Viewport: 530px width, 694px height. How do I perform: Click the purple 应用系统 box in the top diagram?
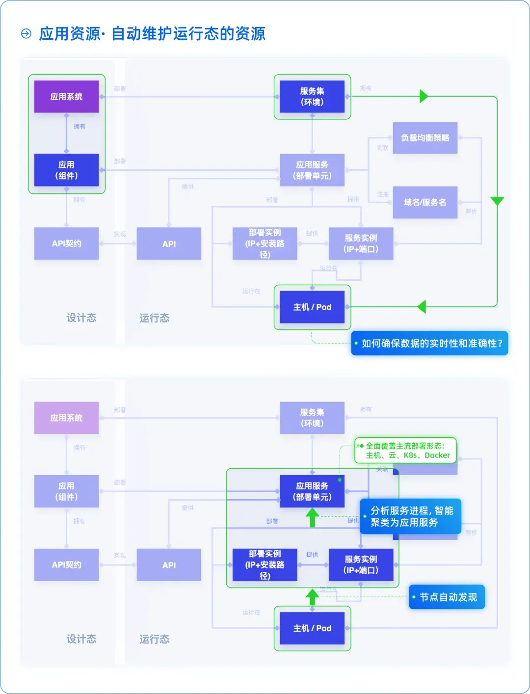[x=66, y=97]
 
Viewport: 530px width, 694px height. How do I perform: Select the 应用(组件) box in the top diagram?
[x=66, y=170]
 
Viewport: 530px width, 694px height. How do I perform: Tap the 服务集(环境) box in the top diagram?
[x=312, y=97]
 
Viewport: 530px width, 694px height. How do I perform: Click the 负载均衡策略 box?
[x=425, y=138]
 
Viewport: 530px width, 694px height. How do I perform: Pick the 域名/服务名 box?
[x=425, y=202]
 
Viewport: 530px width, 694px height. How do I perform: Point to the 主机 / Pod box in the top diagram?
[x=312, y=307]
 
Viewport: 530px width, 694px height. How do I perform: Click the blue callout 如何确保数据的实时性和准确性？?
[x=430, y=344]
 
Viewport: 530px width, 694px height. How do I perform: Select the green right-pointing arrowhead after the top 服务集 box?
[x=424, y=96]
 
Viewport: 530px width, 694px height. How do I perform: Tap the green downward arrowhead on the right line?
[x=497, y=201]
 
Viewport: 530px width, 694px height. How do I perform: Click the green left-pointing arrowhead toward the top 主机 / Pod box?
[x=422, y=307]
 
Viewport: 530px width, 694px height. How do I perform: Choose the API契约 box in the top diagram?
[x=66, y=243]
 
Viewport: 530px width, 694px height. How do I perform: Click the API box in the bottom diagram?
[x=169, y=565]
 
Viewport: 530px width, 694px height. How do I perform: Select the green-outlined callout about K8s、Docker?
[x=406, y=451]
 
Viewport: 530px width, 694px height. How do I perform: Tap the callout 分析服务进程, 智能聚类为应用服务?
[x=411, y=516]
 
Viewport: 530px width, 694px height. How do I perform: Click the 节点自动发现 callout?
[x=447, y=597]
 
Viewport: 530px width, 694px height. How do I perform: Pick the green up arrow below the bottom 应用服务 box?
[x=312, y=517]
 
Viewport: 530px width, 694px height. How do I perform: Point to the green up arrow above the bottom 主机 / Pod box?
[x=312, y=597]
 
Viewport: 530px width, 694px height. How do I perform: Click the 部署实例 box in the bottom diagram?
[x=265, y=565]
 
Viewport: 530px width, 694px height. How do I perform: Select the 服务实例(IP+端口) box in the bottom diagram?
[x=361, y=565]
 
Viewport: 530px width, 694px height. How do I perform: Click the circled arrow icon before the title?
[x=26, y=34]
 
